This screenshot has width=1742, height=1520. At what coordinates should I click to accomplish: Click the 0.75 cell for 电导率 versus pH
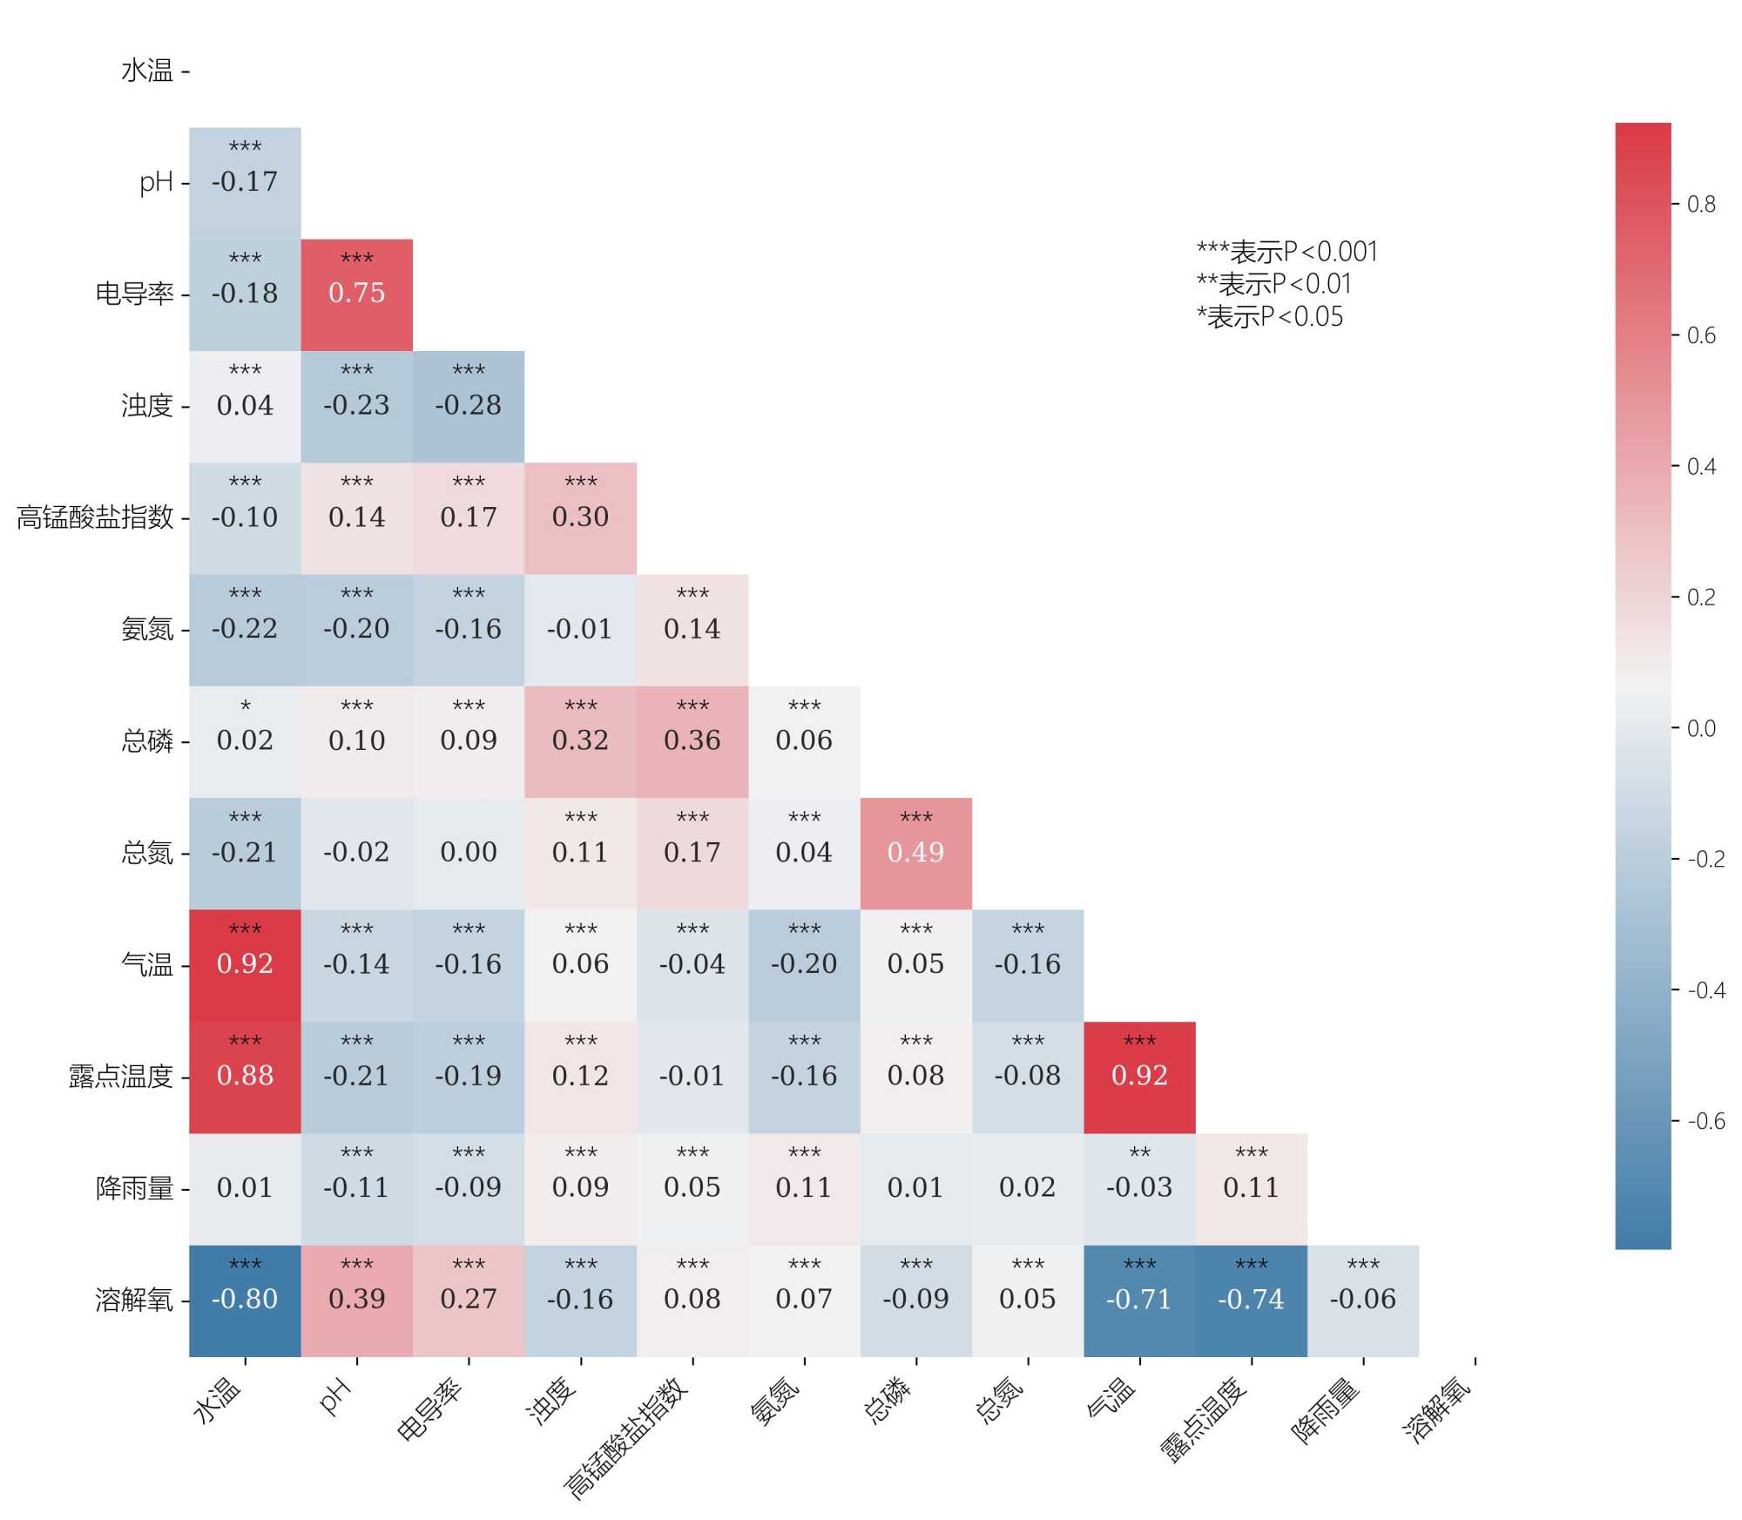pos(356,294)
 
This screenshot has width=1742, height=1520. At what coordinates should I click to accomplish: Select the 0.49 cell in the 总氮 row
pos(915,853)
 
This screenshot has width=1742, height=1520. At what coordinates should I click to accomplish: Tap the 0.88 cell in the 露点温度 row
pos(245,1077)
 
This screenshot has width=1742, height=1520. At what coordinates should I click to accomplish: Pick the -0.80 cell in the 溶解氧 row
pos(245,1300)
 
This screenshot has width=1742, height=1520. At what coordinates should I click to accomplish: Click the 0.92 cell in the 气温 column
pos(1139,1077)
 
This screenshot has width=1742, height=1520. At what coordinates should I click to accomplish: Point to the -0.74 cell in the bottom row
pos(1251,1300)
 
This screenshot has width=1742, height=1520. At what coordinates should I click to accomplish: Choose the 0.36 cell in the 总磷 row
pos(692,741)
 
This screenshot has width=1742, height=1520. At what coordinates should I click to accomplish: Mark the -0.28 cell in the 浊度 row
pos(469,406)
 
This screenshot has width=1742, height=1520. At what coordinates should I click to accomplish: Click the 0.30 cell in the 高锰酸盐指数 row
pos(580,517)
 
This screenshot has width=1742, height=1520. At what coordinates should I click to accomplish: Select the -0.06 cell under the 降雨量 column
pos(1362,1300)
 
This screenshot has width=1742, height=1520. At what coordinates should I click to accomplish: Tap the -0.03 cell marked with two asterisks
pos(1139,1188)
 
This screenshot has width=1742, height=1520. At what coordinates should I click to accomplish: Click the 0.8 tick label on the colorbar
pos(1701,205)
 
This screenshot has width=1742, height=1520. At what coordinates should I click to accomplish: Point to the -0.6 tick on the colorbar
pos(1705,1121)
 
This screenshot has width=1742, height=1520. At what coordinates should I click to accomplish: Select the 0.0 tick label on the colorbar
pos(1701,728)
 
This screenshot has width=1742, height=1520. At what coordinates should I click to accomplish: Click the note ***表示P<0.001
pos(1286,253)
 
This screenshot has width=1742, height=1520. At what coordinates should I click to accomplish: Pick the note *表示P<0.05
pos(1269,317)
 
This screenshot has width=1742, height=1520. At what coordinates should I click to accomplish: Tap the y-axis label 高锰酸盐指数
pos(95,517)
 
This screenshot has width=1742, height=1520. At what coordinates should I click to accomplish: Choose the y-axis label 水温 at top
pos(147,71)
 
